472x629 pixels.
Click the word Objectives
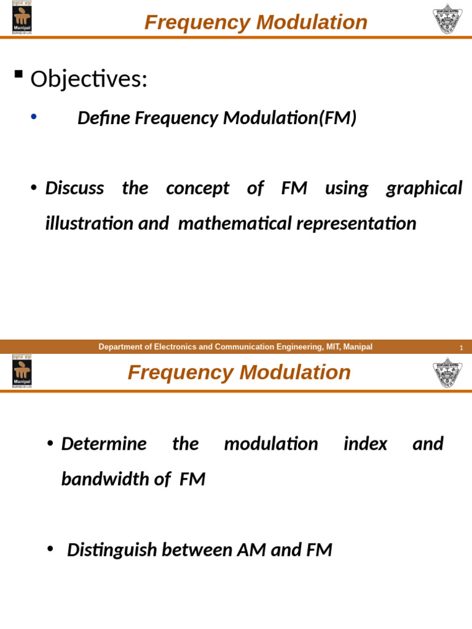[x=88, y=79]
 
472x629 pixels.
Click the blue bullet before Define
[x=34, y=116]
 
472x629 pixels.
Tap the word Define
[x=103, y=118]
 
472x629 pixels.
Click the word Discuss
[x=74, y=188]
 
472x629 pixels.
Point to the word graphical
[x=424, y=188]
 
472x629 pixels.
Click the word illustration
[x=89, y=224]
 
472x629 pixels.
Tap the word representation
[x=356, y=224]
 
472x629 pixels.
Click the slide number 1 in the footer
[x=461, y=348]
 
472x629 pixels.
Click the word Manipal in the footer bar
[x=358, y=347]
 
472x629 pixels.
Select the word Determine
[x=104, y=443]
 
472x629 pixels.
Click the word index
[x=365, y=443]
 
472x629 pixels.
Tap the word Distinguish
[x=111, y=550]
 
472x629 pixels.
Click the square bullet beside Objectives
[x=18, y=75]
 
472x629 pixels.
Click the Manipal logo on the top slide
[x=22, y=18]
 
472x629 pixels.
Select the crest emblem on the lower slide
[x=447, y=372]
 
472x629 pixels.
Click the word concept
[x=197, y=188]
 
